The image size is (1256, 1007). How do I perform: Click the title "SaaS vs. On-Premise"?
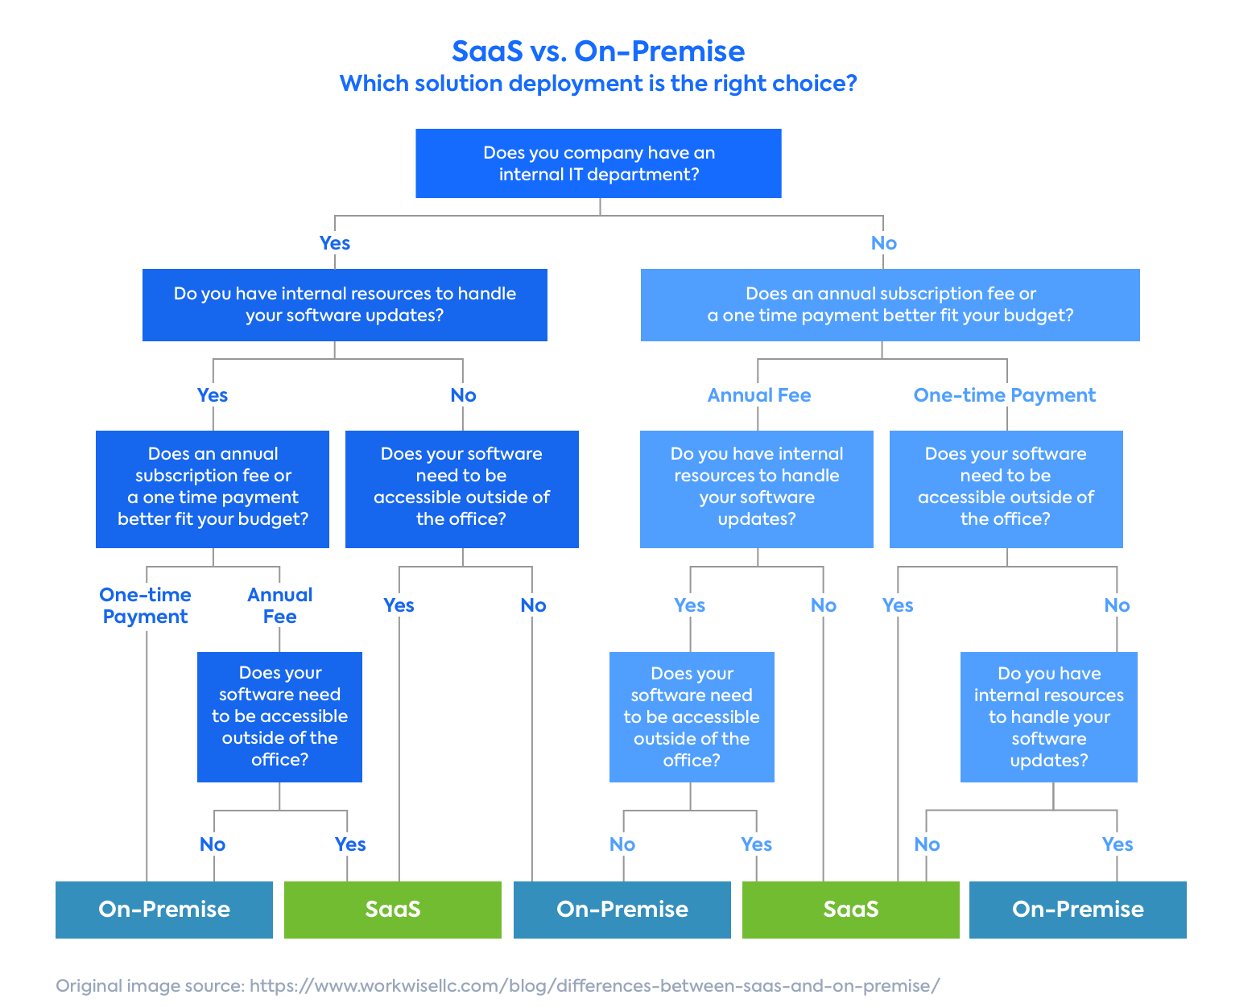pyautogui.click(x=597, y=52)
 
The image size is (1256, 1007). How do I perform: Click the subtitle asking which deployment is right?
pyautogui.click(x=597, y=84)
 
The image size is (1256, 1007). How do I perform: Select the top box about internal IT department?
pyautogui.click(x=598, y=163)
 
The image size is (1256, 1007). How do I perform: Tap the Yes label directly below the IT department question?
pyautogui.click(x=334, y=242)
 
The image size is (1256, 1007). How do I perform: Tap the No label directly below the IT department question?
pyautogui.click(x=883, y=242)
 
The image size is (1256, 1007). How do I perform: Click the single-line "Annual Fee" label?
pyautogui.click(x=758, y=394)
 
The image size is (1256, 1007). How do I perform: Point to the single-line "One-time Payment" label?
pyautogui.click(x=1004, y=394)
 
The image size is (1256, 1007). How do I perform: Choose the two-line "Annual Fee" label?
pyautogui.click(x=279, y=605)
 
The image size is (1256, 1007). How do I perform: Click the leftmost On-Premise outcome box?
pyautogui.click(x=164, y=910)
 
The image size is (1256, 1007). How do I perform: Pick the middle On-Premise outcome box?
pyautogui.click(x=622, y=910)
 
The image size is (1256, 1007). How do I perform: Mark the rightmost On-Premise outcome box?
pyautogui.click(x=1077, y=910)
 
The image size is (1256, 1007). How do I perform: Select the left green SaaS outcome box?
pyautogui.click(x=393, y=910)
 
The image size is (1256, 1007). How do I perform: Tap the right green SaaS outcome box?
pyautogui.click(x=850, y=910)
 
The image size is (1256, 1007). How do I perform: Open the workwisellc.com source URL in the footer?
pyautogui.click(x=594, y=985)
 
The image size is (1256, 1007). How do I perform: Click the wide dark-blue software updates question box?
pyautogui.click(x=345, y=304)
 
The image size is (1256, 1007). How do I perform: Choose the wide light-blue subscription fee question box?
pyautogui.click(x=890, y=304)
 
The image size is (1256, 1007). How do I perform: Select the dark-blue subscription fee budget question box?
pyautogui.click(x=213, y=489)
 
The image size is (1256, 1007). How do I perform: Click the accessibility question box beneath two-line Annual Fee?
pyautogui.click(x=279, y=716)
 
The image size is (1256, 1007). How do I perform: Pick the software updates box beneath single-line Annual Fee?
pyautogui.click(x=756, y=489)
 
